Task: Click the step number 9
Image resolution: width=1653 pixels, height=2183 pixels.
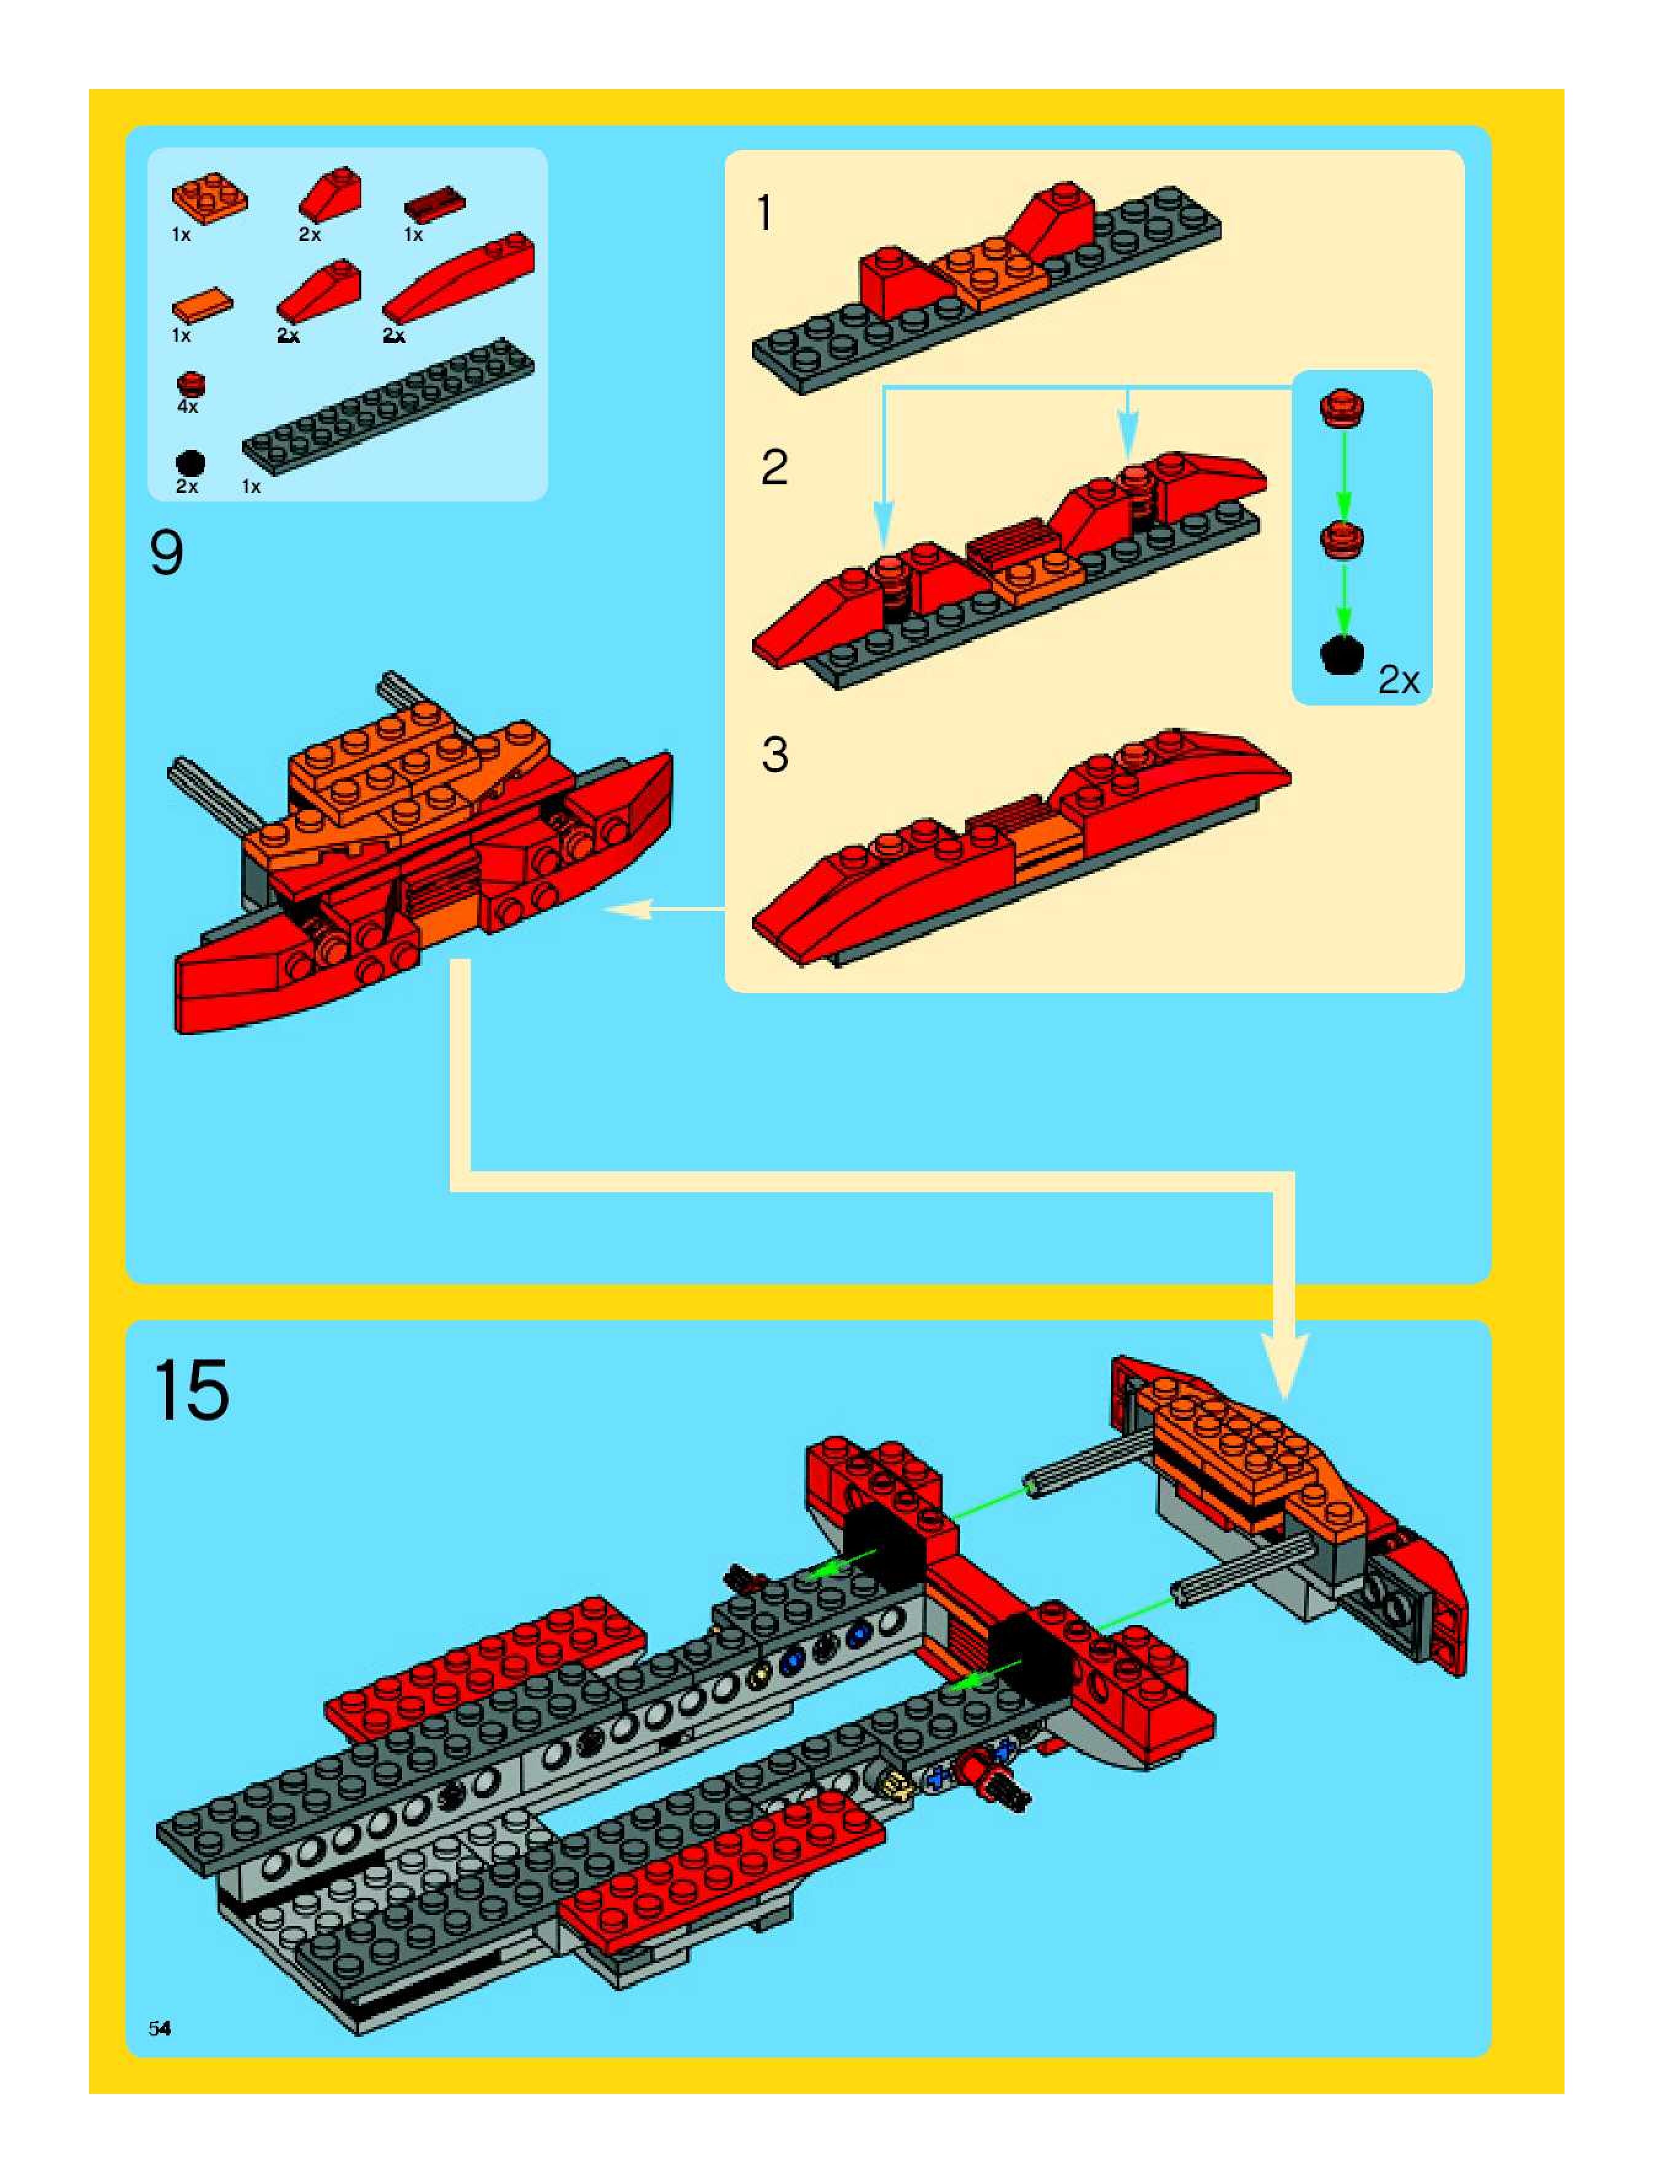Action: pos(167,554)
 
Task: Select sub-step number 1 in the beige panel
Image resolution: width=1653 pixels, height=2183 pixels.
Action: pos(765,213)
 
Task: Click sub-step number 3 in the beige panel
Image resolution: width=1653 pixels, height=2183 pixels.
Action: pos(775,755)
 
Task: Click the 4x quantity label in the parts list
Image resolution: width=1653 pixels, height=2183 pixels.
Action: pos(187,407)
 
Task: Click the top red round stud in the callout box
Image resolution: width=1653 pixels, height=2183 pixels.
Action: pos(1341,407)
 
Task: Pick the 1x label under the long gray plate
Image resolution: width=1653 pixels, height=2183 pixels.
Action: pos(252,487)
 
